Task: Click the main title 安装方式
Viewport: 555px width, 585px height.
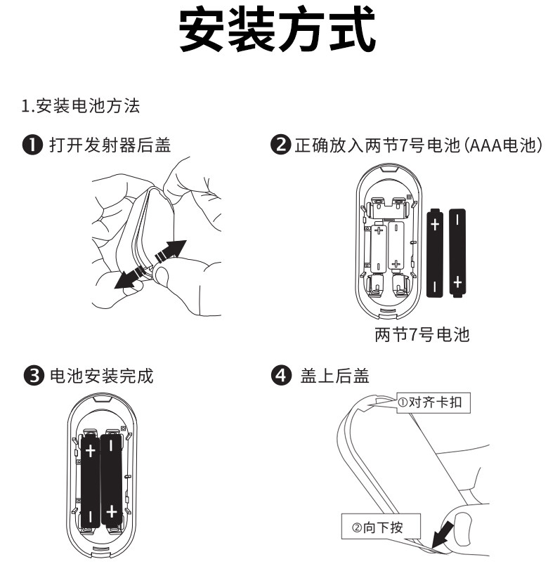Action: click(x=277, y=32)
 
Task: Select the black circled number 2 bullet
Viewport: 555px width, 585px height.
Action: click(x=280, y=145)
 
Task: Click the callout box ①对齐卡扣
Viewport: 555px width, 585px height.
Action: click(x=432, y=402)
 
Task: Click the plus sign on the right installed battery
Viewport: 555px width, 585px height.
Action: click(x=111, y=511)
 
